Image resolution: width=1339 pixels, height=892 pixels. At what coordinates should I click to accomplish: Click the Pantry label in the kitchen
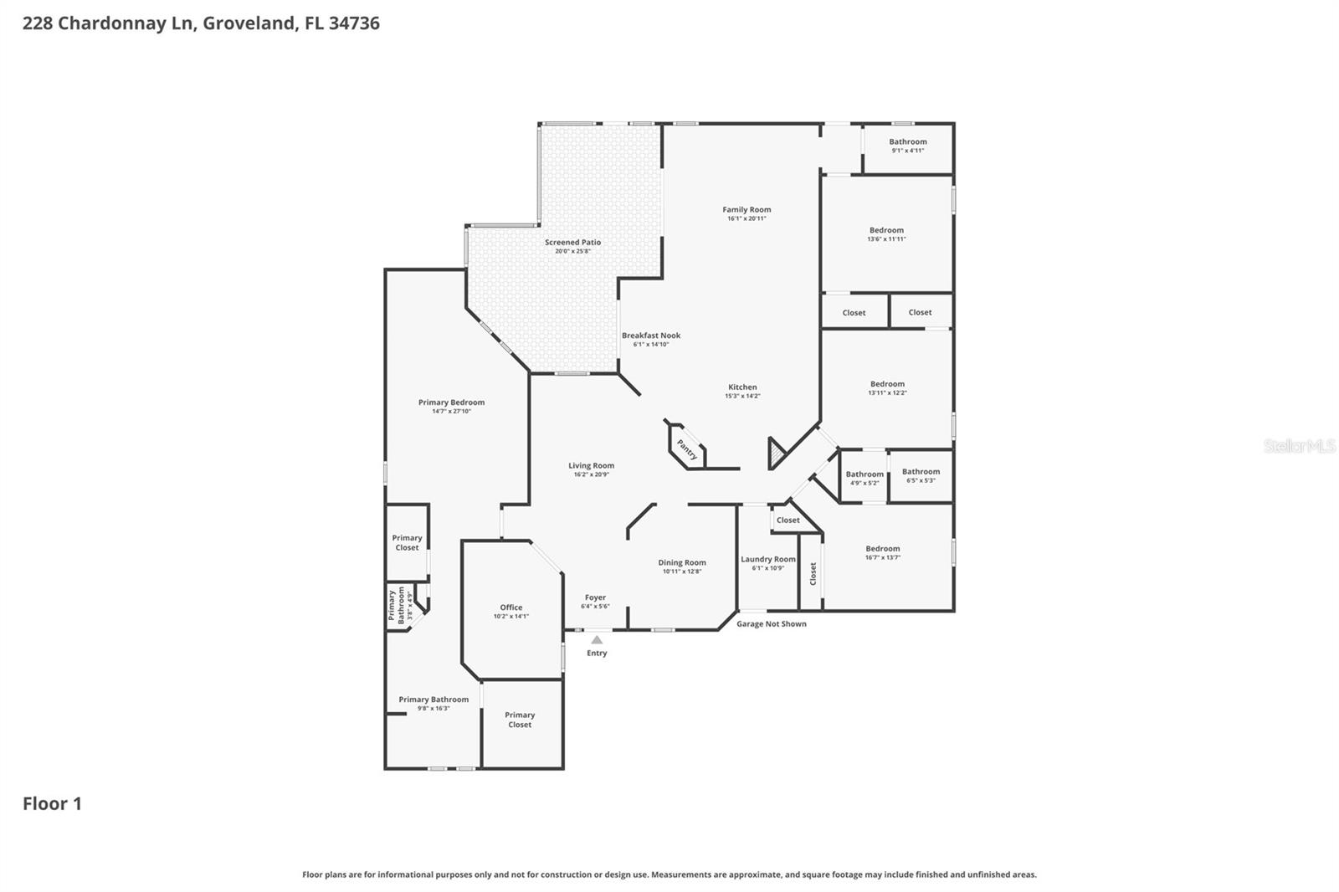click(687, 449)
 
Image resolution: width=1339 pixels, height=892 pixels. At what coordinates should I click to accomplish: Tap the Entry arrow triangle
click(597, 640)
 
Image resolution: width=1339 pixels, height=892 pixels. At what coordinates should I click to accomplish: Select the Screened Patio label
click(572, 242)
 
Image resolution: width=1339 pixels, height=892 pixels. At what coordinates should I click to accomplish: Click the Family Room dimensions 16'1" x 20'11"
click(746, 218)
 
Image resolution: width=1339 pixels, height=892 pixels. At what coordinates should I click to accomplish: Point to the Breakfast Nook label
click(650, 336)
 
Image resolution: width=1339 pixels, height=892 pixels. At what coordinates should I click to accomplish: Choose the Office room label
click(511, 607)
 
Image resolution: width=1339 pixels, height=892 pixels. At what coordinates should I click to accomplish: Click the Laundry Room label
click(767, 559)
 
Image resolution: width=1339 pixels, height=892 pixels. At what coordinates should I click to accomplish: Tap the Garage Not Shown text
click(771, 623)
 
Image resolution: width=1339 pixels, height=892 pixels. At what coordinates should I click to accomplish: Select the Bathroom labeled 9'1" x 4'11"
click(907, 141)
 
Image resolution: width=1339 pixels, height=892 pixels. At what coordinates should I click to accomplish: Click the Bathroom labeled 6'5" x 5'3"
click(921, 472)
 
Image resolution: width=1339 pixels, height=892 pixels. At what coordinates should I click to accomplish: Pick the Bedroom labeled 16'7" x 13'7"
click(883, 549)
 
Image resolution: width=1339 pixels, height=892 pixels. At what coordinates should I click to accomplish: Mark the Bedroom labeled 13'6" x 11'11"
click(886, 230)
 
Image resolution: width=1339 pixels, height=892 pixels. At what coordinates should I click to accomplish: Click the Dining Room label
click(682, 562)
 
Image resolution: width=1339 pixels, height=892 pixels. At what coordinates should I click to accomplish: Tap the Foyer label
click(595, 597)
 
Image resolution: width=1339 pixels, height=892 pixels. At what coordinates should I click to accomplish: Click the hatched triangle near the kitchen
click(776, 455)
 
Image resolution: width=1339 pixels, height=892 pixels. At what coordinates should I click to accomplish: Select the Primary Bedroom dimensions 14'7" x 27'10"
click(451, 411)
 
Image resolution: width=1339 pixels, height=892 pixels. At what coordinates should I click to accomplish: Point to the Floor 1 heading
click(52, 804)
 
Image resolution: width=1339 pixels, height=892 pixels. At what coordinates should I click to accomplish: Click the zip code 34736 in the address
click(354, 23)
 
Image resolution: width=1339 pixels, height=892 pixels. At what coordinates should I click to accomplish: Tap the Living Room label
click(591, 465)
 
